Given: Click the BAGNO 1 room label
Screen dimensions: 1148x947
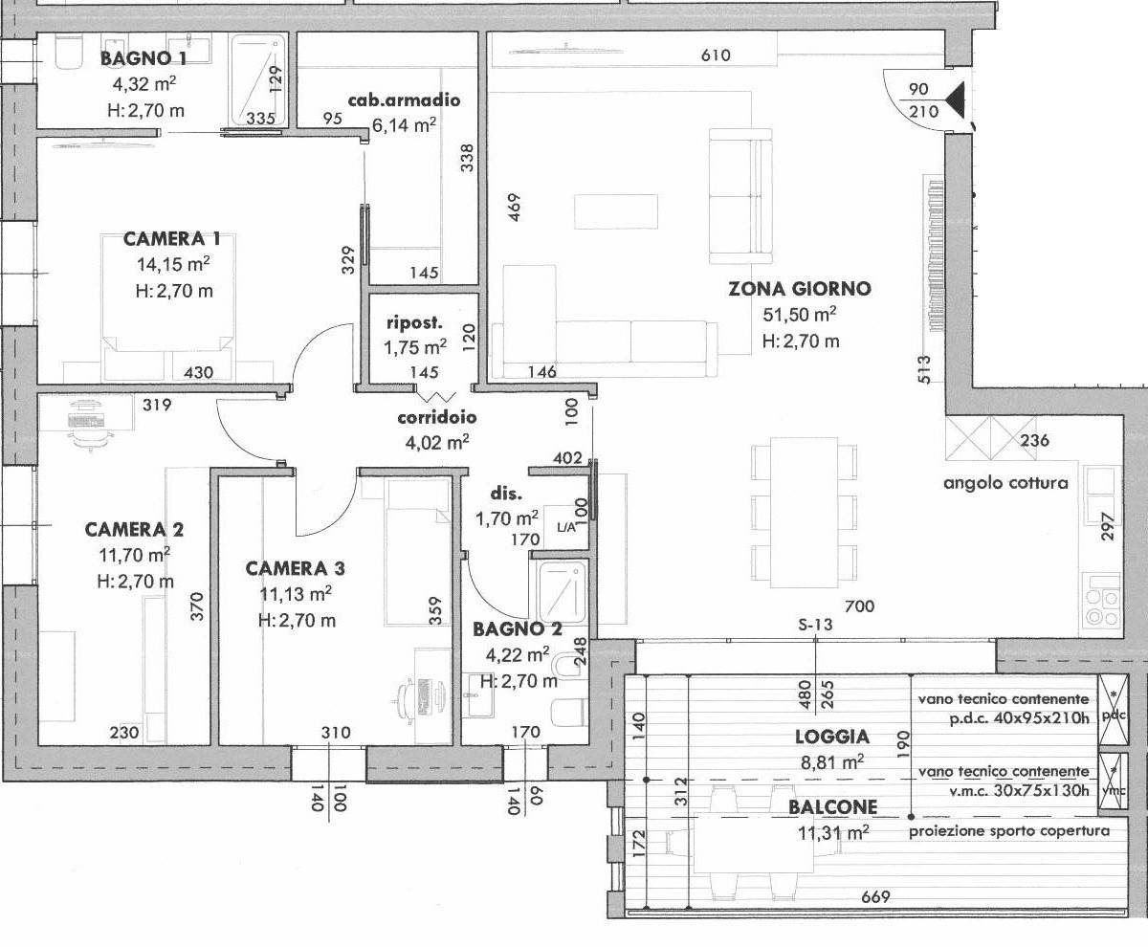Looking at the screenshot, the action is pyautogui.click(x=143, y=58).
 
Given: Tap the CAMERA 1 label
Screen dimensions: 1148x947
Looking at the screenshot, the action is pyautogui.click(x=172, y=239).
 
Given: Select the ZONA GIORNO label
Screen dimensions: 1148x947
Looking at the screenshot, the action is pyautogui.click(x=800, y=289).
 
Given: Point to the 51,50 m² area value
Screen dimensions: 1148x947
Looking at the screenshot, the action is pyautogui.click(x=800, y=315).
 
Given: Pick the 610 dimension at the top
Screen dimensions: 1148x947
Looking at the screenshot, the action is pyautogui.click(x=716, y=55).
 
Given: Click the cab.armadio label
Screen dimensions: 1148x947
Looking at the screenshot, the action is pyautogui.click(x=404, y=100).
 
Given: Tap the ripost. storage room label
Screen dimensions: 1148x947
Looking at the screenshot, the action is pyautogui.click(x=414, y=322).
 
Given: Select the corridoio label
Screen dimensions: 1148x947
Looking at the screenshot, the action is pyautogui.click(x=437, y=417).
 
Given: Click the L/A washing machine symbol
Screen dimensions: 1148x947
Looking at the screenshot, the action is pyautogui.click(x=565, y=527).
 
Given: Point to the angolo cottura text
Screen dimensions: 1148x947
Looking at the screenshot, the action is pyautogui.click(x=1005, y=483).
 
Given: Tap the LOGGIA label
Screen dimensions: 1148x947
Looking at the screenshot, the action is pyautogui.click(x=832, y=737).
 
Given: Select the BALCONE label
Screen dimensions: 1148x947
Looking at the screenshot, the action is pyautogui.click(x=832, y=807).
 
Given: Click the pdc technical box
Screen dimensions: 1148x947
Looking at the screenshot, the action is pyautogui.click(x=1114, y=710).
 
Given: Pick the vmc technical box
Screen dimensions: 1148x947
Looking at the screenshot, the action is pyautogui.click(x=1114, y=782).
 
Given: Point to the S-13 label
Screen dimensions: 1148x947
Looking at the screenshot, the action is pyautogui.click(x=815, y=625).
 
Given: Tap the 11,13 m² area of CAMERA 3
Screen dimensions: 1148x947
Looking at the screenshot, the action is pyautogui.click(x=296, y=594).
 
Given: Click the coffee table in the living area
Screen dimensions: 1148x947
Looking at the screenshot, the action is pyautogui.click(x=616, y=211).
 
